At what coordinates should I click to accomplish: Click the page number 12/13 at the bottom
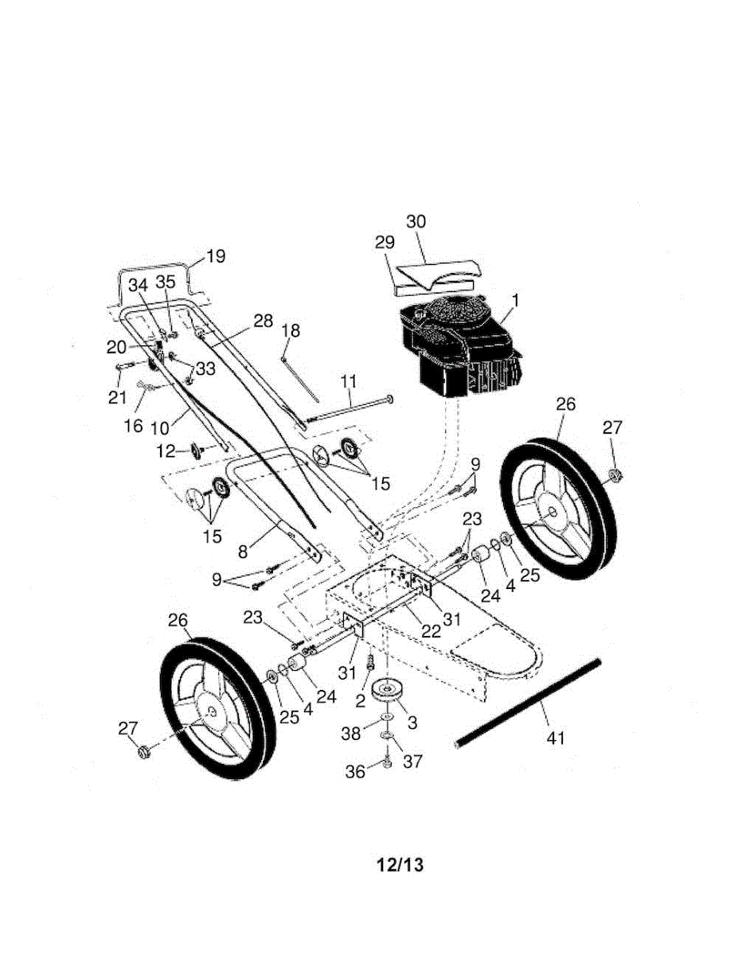pyautogui.click(x=400, y=864)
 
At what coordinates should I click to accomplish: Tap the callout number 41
pyautogui.click(x=555, y=738)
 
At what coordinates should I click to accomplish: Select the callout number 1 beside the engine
pyautogui.click(x=515, y=301)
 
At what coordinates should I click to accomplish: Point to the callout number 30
pyautogui.click(x=416, y=221)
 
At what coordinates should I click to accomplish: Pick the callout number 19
pyautogui.click(x=216, y=255)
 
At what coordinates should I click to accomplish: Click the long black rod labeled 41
pyautogui.click(x=528, y=703)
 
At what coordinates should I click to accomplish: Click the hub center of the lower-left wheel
pyautogui.click(x=212, y=711)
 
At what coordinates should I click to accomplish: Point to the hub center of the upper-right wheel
pyautogui.click(x=552, y=513)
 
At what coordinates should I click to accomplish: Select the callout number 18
pyautogui.click(x=291, y=330)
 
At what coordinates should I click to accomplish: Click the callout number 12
pyautogui.click(x=166, y=451)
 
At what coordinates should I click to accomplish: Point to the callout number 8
pyautogui.click(x=243, y=552)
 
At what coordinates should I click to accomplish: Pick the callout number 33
pyautogui.click(x=205, y=368)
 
